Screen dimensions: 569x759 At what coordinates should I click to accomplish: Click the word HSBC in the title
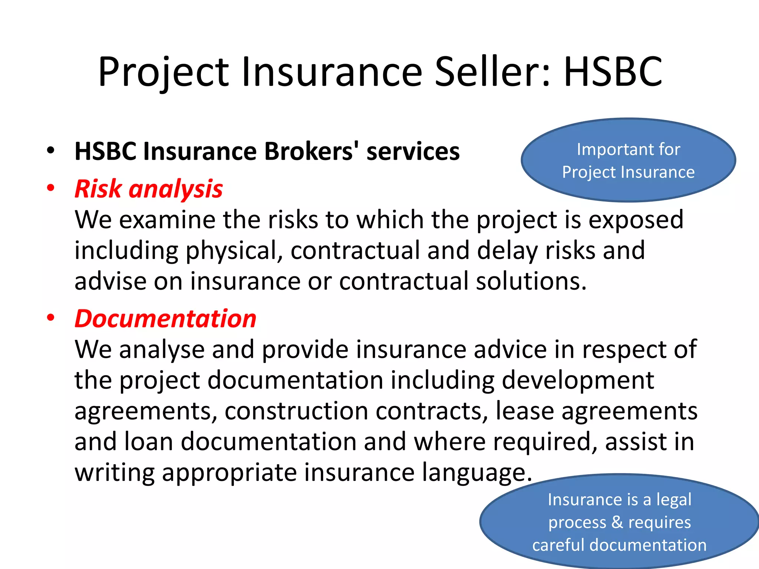[x=613, y=71]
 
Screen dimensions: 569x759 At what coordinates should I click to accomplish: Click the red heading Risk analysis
[x=149, y=189]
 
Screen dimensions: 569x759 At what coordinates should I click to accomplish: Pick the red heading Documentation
[x=165, y=319]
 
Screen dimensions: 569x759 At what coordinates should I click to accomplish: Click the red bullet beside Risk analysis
[x=51, y=188]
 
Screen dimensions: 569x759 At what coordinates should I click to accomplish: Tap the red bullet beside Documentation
[x=51, y=317]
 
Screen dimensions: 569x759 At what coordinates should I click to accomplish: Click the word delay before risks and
[x=507, y=251]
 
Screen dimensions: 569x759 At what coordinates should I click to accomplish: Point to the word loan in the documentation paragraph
[x=149, y=442]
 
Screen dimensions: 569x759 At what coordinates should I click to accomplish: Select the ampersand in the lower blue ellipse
[x=617, y=522]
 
